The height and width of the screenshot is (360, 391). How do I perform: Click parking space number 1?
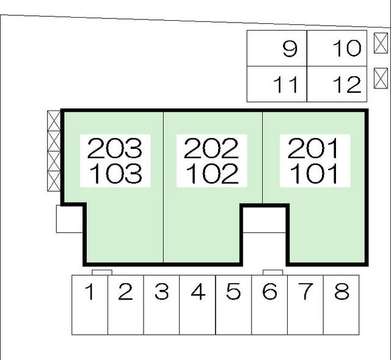(x=90, y=305)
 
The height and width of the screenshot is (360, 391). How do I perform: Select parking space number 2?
(x=126, y=305)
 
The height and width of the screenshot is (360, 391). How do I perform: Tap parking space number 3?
(x=161, y=305)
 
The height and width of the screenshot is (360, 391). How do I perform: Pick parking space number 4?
(x=197, y=305)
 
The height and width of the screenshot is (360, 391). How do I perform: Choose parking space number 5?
(x=233, y=305)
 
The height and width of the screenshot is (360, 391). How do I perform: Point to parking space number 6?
(x=269, y=305)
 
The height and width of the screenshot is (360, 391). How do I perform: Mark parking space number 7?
(x=305, y=305)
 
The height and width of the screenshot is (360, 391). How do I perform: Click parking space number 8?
(x=342, y=305)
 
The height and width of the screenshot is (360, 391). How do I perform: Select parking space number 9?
(x=277, y=48)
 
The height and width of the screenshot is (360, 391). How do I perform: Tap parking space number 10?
(x=337, y=48)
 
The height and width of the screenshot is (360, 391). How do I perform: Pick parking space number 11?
(x=277, y=84)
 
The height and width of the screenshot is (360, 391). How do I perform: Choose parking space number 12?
(x=337, y=84)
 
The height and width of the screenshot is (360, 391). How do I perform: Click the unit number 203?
(x=115, y=148)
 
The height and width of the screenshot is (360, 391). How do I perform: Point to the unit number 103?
(x=116, y=173)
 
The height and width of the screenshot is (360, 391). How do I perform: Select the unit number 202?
(x=211, y=148)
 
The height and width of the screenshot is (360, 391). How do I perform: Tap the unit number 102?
(x=213, y=173)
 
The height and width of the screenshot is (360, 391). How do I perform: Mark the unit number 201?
(x=313, y=148)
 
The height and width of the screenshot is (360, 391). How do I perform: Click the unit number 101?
(x=314, y=173)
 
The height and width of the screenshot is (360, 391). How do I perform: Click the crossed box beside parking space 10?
(x=381, y=43)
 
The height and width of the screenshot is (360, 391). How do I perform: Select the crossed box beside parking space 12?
(x=381, y=79)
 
